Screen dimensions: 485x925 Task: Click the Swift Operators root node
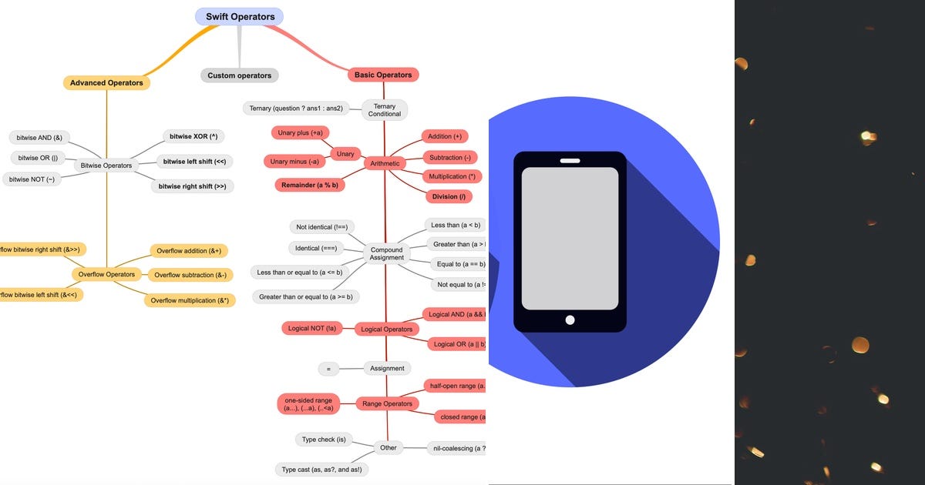click(x=240, y=16)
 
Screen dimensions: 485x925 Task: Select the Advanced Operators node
click(x=106, y=82)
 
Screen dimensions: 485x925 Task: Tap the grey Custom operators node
click(x=239, y=75)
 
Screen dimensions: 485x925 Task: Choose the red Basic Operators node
click(x=383, y=75)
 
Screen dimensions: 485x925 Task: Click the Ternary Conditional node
click(x=384, y=110)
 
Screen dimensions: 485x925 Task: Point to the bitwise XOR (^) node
click(x=193, y=136)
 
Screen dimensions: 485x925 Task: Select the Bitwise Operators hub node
click(x=106, y=165)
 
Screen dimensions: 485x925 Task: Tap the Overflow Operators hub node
click(x=106, y=274)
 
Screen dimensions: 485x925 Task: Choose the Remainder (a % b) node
click(x=309, y=185)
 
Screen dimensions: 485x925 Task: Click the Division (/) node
click(x=449, y=196)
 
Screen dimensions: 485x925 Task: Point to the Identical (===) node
click(x=316, y=248)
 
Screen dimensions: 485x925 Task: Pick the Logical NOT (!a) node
click(x=311, y=329)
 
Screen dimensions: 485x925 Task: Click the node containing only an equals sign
click(x=328, y=369)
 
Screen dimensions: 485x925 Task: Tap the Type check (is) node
click(x=325, y=440)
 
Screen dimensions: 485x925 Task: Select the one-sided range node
click(x=308, y=404)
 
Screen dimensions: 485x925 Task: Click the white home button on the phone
click(x=570, y=319)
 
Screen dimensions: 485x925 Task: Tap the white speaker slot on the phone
click(x=570, y=160)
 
